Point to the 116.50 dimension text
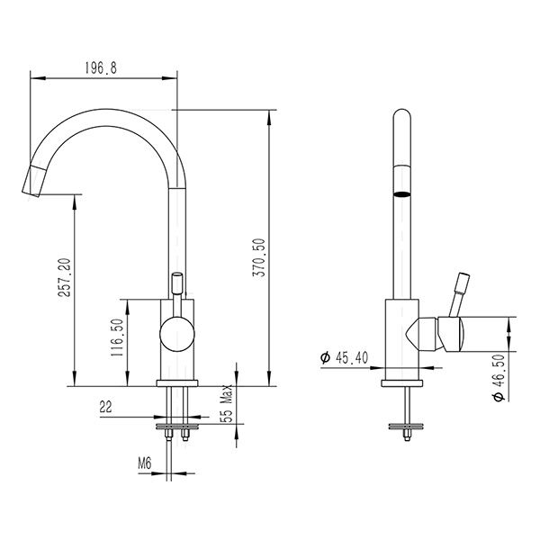click(118, 338)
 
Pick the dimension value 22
click(105, 408)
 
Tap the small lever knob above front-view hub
click(177, 282)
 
